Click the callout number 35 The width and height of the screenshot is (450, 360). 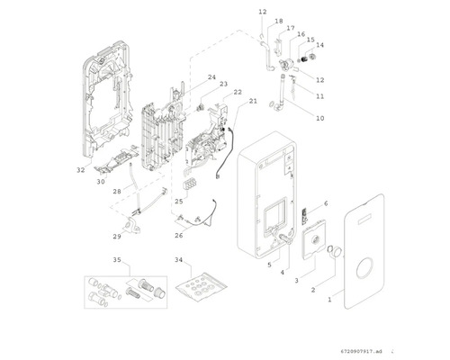point(117,260)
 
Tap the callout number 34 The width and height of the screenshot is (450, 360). point(179,260)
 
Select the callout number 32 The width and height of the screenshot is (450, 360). point(81,170)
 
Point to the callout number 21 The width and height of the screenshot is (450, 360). point(253,101)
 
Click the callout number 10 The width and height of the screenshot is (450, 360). point(320,118)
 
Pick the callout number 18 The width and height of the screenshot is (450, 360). point(279,21)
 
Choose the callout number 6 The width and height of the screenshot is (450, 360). point(326,203)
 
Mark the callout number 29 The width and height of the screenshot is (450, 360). point(117,237)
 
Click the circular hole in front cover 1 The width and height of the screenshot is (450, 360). point(365,268)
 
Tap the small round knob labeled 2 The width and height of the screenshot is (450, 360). point(336,251)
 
